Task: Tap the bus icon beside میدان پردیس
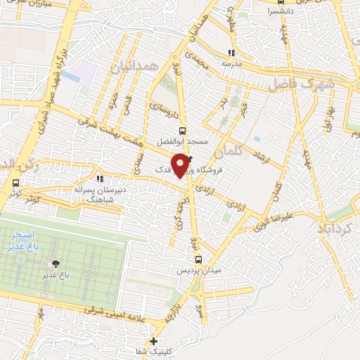(x=198, y=259)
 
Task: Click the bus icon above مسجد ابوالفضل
(x=182, y=131)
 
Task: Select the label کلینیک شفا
(x=154, y=351)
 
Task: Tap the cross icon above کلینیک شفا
(x=154, y=341)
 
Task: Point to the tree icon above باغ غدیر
(x=54, y=264)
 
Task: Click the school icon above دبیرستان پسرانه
(x=99, y=179)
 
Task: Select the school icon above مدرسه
(x=231, y=53)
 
